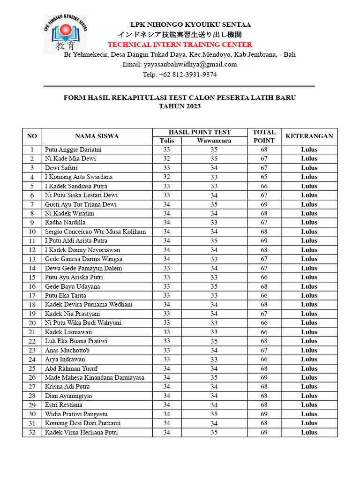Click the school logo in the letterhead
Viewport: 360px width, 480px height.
tap(65, 34)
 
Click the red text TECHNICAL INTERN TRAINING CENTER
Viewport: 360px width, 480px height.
tap(180, 45)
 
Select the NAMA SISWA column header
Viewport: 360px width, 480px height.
tap(97, 136)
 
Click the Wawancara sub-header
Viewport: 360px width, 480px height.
tap(214, 141)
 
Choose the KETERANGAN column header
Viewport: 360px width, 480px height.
tap(309, 136)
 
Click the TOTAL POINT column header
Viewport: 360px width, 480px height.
tap(264, 136)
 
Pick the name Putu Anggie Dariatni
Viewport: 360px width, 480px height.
tap(73, 150)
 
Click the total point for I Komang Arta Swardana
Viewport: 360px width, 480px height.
tap(264, 177)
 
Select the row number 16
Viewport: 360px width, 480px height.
tap(32, 286)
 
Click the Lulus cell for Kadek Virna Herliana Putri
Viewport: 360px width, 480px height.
tap(309, 432)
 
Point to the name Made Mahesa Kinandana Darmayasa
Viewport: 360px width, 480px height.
tap(95, 377)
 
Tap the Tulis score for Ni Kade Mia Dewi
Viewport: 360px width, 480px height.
tap(166, 159)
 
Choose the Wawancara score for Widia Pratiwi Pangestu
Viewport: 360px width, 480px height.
tap(214, 414)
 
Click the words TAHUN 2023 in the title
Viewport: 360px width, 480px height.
tap(180, 106)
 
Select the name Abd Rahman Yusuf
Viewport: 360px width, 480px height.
tap(71, 368)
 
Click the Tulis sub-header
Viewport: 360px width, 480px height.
tap(166, 141)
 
